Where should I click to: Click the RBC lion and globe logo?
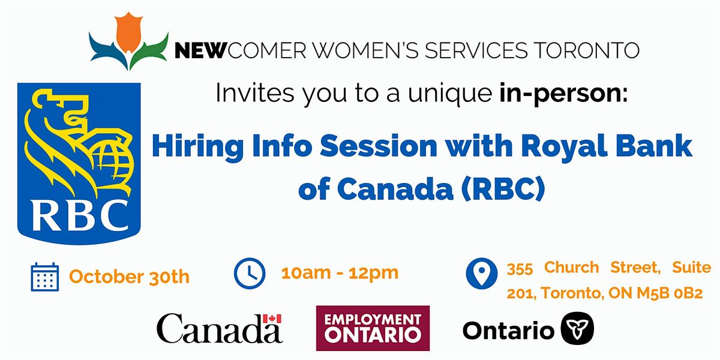tap(79, 162)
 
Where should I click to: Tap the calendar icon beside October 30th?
tap(44, 277)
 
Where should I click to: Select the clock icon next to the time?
tap(248, 272)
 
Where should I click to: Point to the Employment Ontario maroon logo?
tap(373, 328)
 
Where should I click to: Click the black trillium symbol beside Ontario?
tap(577, 329)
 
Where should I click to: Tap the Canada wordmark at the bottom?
tap(219, 329)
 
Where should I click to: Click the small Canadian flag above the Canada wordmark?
tap(272, 318)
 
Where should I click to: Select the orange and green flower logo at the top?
tap(128, 43)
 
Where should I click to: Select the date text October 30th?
tap(129, 277)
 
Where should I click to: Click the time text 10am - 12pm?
tap(340, 272)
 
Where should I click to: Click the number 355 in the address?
tap(520, 268)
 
